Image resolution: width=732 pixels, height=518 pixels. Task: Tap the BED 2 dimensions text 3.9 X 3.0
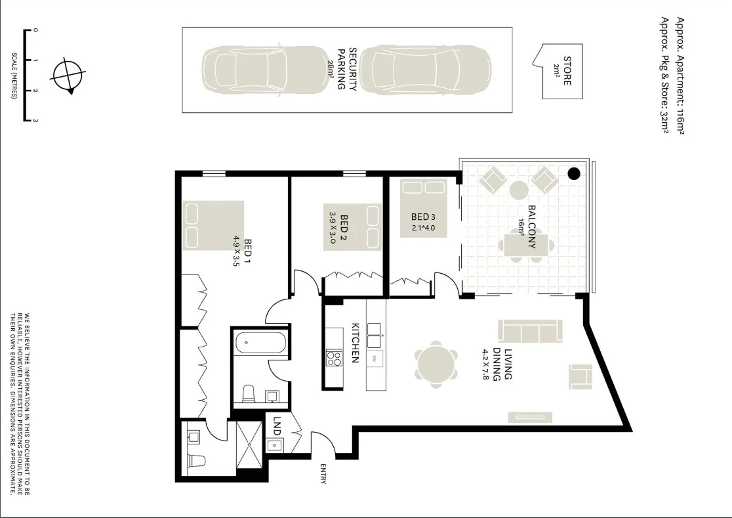332,227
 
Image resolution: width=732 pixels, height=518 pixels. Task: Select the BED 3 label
423,217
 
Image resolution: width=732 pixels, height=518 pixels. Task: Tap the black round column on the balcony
574,173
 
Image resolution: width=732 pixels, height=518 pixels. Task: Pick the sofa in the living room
530,330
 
